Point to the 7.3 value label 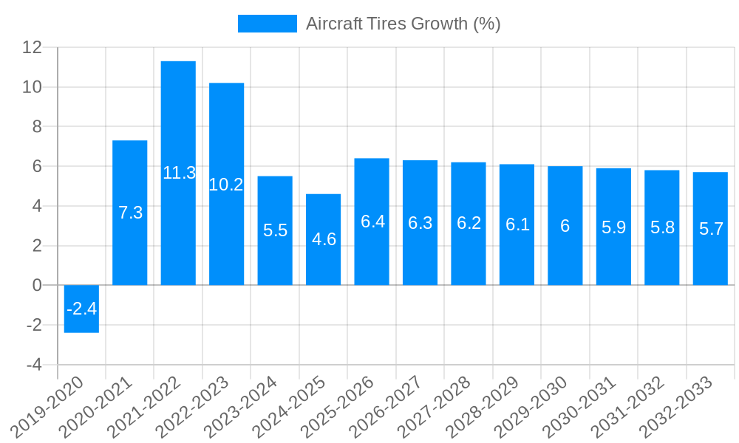130,213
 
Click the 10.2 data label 226,185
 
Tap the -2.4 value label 81,309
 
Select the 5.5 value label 275,230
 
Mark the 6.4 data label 372,221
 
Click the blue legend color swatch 267,24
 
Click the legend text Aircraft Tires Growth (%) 403,24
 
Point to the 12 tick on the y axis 33,47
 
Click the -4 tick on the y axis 34,365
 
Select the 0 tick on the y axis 38,285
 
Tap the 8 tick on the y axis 38,127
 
